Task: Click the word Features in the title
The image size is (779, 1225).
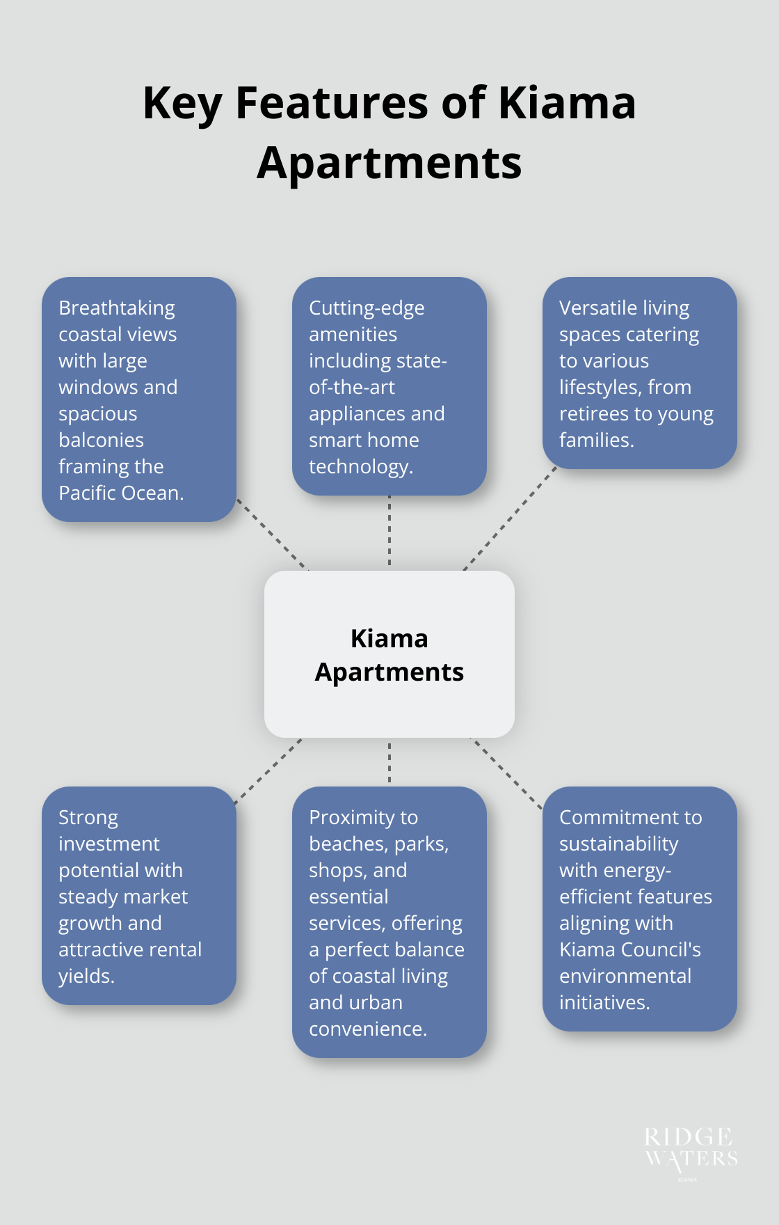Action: [332, 103]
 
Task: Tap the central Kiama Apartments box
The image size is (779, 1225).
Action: [389, 654]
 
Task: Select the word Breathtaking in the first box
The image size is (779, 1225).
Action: [117, 308]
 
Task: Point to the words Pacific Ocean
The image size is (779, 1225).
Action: [120, 493]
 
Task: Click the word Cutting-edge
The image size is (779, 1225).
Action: [367, 308]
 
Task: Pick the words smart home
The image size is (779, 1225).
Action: [364, 441]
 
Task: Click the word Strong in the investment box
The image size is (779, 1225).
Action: [88, 818]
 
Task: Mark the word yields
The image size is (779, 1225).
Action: [86, 977]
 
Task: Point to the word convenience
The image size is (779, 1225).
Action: [367, 1029]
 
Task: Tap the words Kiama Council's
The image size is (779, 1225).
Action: [630, 950]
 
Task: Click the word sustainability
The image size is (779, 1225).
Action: [618, 844]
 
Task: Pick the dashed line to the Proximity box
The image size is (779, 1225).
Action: [389, 762]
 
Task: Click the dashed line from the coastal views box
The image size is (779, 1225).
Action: [273, 535]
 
